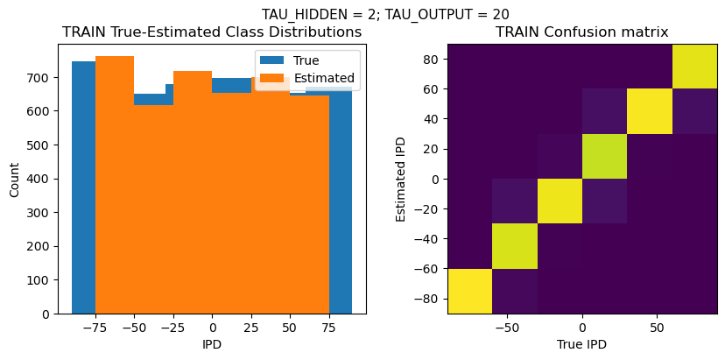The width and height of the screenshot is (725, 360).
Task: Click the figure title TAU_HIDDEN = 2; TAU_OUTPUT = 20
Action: coord(385,14)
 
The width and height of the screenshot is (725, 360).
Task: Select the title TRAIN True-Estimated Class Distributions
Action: coord(212,32)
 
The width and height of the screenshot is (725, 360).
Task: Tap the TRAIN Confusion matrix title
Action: coord(581,32)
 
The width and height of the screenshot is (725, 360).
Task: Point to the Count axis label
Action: coord(14,179)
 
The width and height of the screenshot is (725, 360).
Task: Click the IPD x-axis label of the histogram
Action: coord(212,345)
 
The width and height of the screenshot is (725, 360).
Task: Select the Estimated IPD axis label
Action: coord(402,179)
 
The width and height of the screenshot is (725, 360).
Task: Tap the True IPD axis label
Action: coord(581,345)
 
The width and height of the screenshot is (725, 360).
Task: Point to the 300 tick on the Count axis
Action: coord(41,213)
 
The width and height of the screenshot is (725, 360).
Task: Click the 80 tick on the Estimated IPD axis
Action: coord(432,59)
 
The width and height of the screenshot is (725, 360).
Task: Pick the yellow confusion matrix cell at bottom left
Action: coord(469,291)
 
